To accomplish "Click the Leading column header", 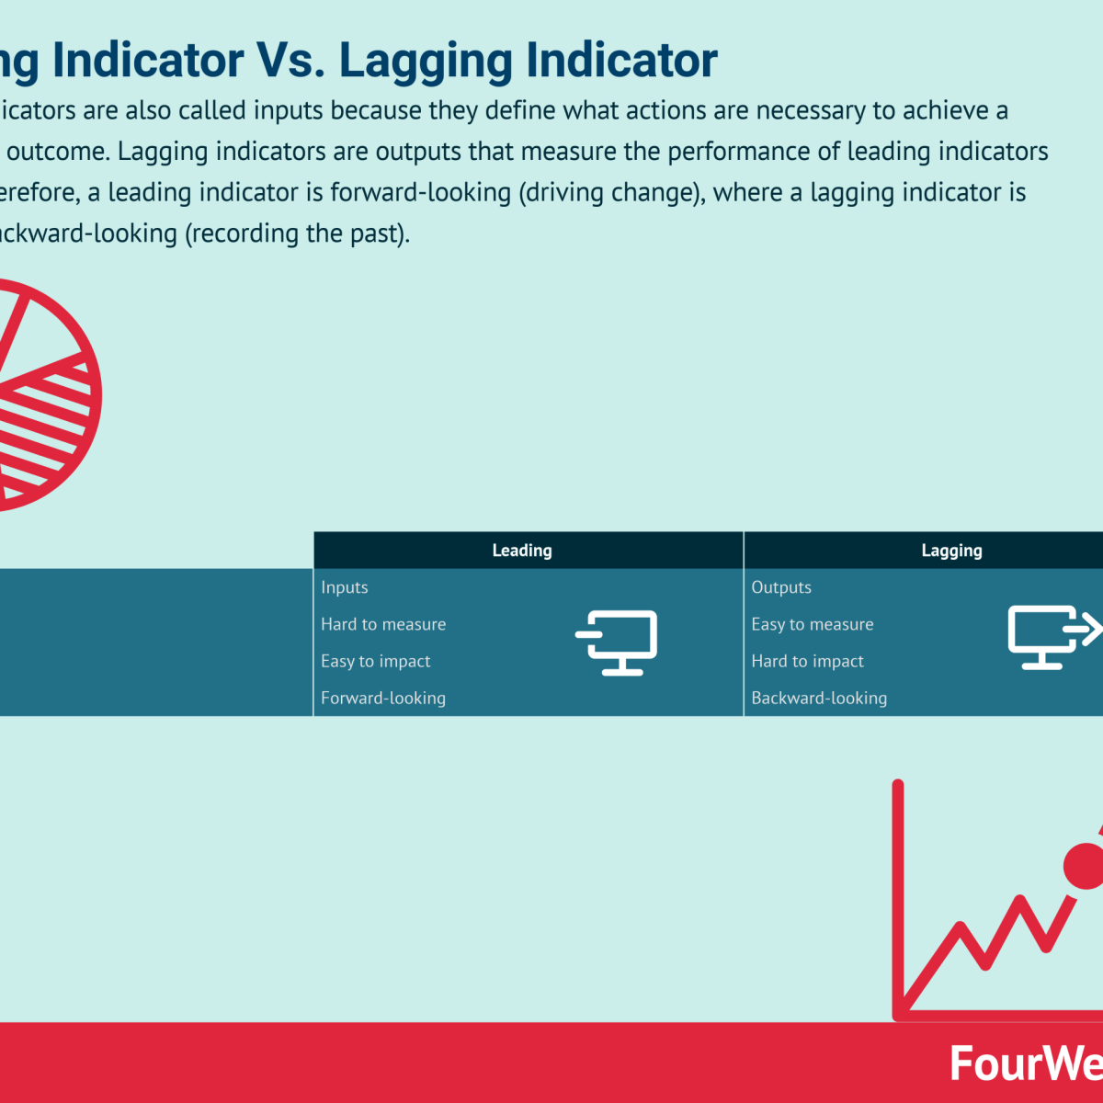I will click(522, 551).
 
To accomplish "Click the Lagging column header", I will click(951, 551).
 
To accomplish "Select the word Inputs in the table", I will click(345, 587).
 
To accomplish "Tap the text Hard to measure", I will click(383, 624).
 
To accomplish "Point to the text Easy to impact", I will click(375, 661).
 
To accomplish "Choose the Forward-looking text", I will click(383, 698).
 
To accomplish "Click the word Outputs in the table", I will click(781, 587).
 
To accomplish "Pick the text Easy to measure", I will click(813, 624).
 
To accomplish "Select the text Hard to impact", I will click(808, 661).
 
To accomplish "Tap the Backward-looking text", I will click(819, 698).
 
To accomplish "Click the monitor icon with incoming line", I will click(618, 642).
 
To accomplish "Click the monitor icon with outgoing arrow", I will click(1052, 636).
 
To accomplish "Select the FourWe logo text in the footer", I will click(1025, 1063).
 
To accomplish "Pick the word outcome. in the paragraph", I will click(57, 152).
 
